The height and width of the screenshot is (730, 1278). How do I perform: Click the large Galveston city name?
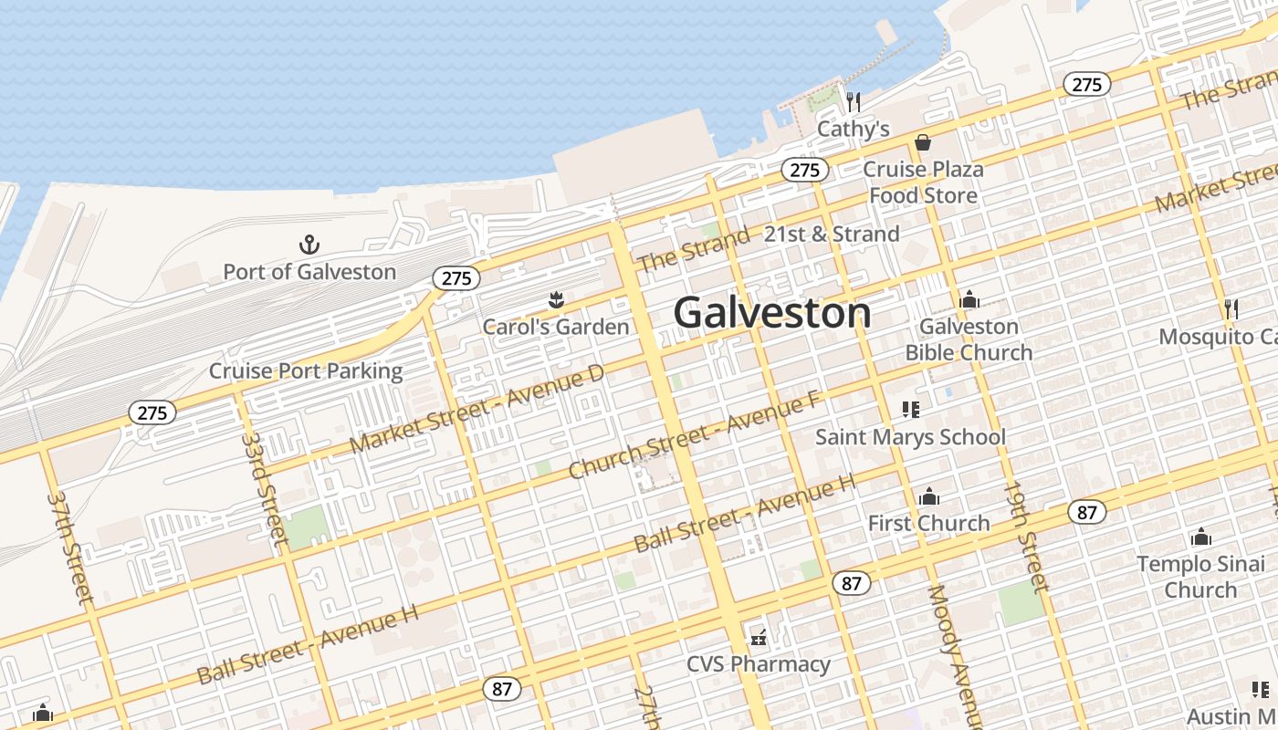pos(772,313)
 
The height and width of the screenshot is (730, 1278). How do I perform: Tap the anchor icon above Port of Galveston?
pos(309,245)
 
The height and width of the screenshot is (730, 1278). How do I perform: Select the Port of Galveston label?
pos(309,272)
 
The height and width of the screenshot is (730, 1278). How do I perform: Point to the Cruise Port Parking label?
pos(306,371)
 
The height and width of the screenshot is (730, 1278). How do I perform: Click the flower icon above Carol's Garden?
pos(555,300)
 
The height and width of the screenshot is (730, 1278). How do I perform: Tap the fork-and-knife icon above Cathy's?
pos(853,101)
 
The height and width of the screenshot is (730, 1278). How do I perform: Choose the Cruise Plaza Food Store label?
pos(923,182)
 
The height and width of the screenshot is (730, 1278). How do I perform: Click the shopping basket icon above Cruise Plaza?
pos(923,143)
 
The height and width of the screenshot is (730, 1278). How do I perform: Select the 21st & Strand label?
pos(832,235)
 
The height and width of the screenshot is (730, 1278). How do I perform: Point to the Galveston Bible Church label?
pos(969,339)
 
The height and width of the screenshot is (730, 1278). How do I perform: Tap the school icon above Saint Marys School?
pos(910,410)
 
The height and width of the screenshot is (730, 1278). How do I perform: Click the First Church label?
pos(928,523)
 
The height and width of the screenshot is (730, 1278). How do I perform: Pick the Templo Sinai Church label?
pos(1200,577)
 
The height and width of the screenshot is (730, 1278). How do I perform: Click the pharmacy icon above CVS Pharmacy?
pos(758,637)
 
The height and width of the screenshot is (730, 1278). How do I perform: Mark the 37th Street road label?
pos(71,547)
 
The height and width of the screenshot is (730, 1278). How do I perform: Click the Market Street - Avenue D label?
pos(477,408)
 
